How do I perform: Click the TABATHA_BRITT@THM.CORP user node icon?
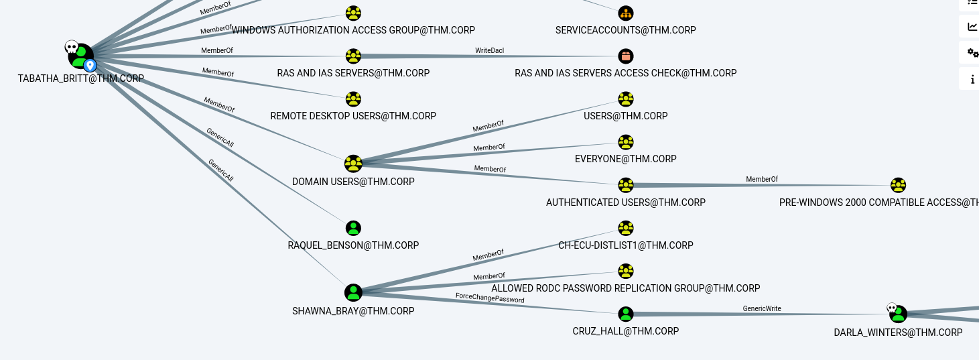click(x=81, y=56)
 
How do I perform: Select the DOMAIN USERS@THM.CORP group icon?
click(x=353, y=164)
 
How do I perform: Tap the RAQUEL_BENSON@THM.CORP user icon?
click(x=353, y=228)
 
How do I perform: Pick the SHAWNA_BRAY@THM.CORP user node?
click(x=353, y=292)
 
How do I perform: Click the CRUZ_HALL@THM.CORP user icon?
click(x=625, y=314)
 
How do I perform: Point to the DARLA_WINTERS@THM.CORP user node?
click(x=899, y=314)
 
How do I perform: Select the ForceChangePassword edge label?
click(x=490, y=297)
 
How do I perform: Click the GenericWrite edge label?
click(x=762, y=308)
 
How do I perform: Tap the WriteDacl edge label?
click(x=490, y=50)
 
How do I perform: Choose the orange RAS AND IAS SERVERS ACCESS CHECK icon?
click(x=625, y=56)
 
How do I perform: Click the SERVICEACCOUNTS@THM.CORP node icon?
click(x=625, y=13)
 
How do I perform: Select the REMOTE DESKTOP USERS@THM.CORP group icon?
click(x=353, y=99)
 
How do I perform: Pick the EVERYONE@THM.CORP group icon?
click(x=625, y=142)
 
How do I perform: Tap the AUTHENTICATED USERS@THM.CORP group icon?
click(x=625, y=185)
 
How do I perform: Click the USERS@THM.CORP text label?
click(x=625, y=116)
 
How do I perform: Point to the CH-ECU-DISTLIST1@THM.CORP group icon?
click(x=625, y=228)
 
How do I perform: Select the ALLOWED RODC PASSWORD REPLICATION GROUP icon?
click(x=625, y=271)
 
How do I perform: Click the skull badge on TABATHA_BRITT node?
click(x=71, y=47)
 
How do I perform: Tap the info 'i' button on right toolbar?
click(x=972, y=80)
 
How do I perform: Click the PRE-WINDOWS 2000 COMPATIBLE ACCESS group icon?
click(x=899, y=185)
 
